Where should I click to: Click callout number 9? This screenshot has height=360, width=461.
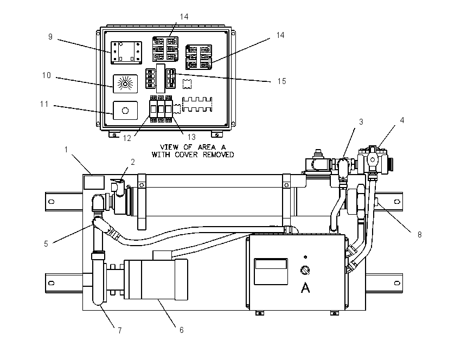(50, 37)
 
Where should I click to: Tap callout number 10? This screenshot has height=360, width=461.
(47, 75)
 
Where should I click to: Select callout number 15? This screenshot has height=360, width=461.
(281, 81)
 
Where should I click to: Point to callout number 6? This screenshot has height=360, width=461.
(181, 330)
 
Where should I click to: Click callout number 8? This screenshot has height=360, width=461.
(420, 235)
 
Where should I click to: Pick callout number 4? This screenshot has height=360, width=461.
(402, 120)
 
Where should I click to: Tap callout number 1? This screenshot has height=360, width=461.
(66, 150)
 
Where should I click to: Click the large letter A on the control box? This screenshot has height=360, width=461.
(305, 288)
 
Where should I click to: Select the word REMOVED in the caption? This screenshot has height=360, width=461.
(219, 155)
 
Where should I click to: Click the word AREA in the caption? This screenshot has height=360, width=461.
(207, 147)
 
